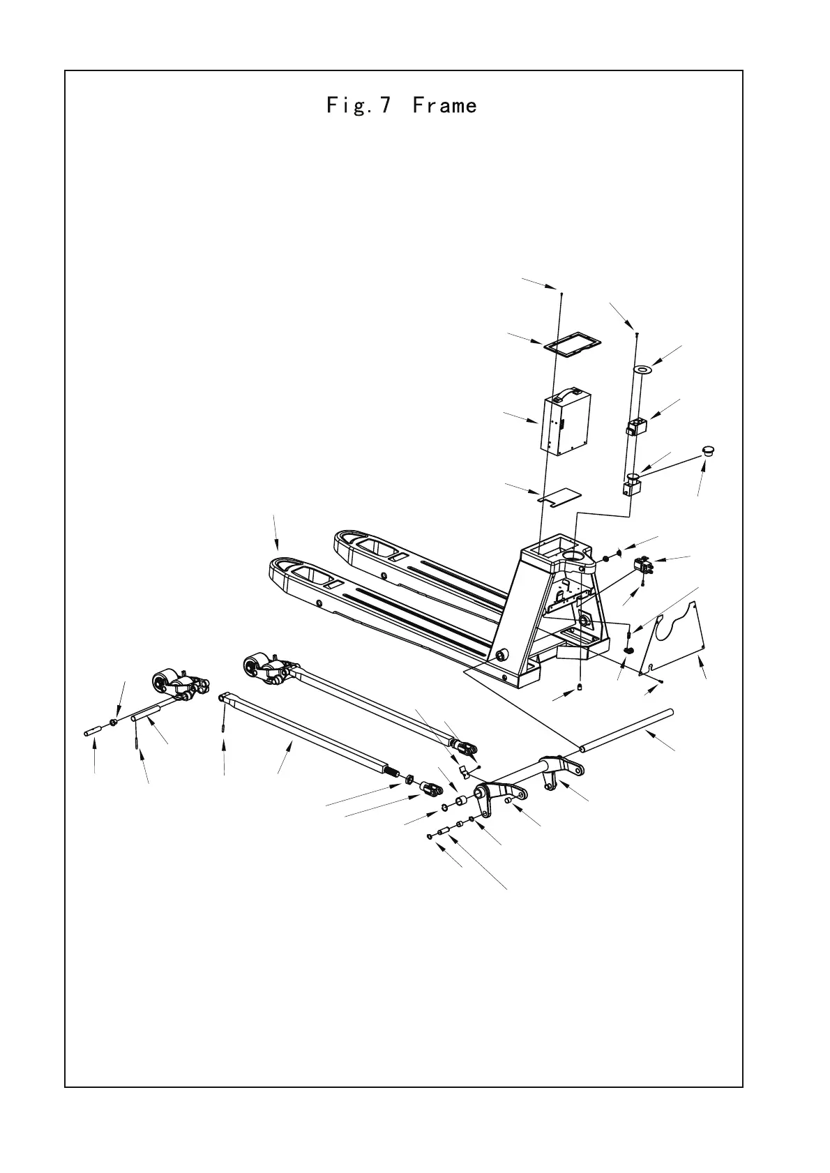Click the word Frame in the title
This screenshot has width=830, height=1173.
tap(444, 106)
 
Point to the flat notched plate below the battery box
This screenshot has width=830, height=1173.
tap(561, 497)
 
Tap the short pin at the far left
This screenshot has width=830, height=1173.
tap(93, 732)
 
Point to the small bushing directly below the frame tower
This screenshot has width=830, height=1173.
tap(580, 690)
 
